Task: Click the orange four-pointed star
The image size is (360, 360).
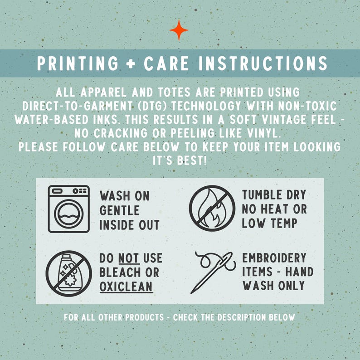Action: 179,30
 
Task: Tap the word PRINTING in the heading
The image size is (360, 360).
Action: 78,63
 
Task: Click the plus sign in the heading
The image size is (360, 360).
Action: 131,63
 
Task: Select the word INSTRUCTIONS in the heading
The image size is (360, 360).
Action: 263,63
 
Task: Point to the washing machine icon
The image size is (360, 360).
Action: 68,209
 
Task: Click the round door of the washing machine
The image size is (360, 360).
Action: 68,214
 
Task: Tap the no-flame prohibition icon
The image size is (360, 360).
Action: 212,208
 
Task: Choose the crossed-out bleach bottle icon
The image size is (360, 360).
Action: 68,273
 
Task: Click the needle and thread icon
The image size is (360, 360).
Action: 212,272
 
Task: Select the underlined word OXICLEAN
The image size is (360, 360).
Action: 126,287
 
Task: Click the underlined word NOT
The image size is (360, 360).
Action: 129,258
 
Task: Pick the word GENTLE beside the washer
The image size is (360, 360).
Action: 119,210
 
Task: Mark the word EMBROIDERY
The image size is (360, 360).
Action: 274,258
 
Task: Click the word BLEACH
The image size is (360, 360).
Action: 120,272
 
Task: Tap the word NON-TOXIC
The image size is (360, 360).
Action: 307,106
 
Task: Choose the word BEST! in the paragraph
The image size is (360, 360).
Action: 192,161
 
